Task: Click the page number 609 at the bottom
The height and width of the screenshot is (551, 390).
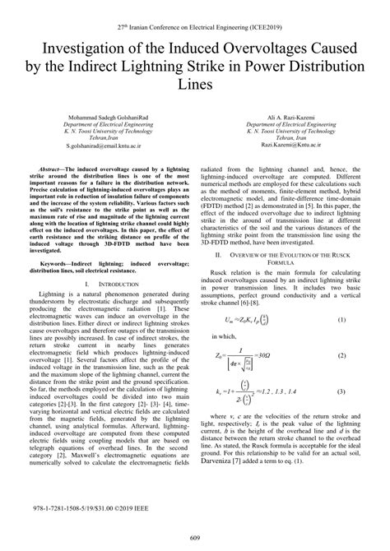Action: (194, 538)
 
